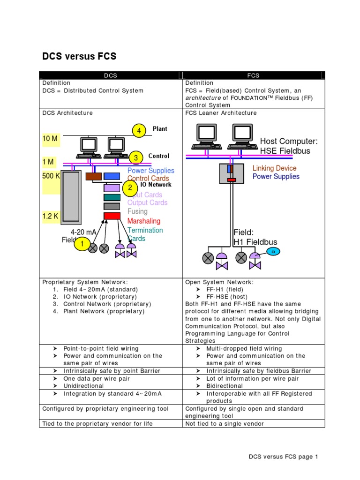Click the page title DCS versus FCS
(79, 57)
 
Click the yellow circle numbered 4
(139, 131)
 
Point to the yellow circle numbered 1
(82, 244)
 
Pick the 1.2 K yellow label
(51, 217)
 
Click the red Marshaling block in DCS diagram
(112, 216)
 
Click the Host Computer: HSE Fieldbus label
(289, 146)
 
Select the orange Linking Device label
(274, 168)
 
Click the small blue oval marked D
(273, 252)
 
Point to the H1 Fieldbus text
(255, 242)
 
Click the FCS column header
(253, 75)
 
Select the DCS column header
(111, 75)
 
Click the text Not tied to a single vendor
(225, 424)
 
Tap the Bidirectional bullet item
(225, 386)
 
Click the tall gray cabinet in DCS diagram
(71, 196)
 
